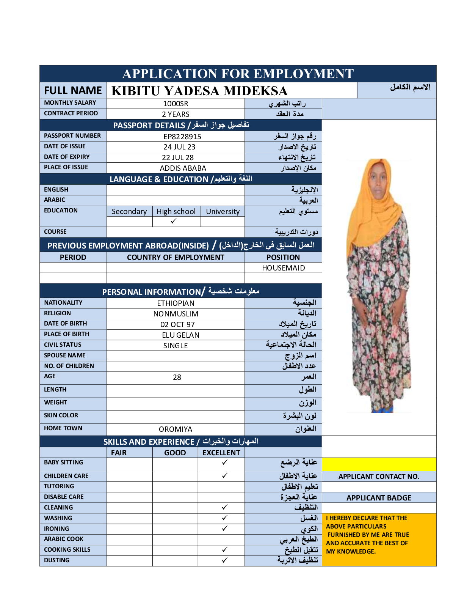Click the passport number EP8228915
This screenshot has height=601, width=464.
pyautogui.click(x=182, y=137)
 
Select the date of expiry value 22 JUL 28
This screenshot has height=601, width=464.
pyautogui.click(x=178, y=157)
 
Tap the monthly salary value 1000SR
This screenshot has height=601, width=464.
pyautogui.click(x=176, y=104)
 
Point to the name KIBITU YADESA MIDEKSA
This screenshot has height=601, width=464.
pyautogui.click(x=199, y=91)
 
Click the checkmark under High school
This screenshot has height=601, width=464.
pyautogui.click(x=174, y=221)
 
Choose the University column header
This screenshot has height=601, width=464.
pyautogui.click(x=223, y=211)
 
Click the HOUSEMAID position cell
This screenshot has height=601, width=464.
pyautogui.click(x=283, y=268)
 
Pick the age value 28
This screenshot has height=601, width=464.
pyautogui.click(x=177, y=377)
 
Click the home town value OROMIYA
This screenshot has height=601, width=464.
pyautogui.click(x=176, y=429)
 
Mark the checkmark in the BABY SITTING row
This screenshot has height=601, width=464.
pyautogui.click(x=224, y=462)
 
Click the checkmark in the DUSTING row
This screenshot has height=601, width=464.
pyautogui.click(x=224, y=560)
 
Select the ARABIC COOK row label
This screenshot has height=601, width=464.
pyautogui.click(x=64, y=539)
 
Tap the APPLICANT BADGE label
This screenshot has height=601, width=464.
pyautogui.click(x=379, y=498)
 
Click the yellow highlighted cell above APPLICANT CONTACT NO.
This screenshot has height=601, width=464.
pyautogui.click(x=379, y=464)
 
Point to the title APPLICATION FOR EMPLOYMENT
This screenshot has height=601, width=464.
pyautogui.click(x=238, y=74)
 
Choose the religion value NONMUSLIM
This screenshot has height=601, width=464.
pyautogui.click(x=176, y=314)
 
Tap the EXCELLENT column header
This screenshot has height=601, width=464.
pyautogui.click(x=221, y=453)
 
